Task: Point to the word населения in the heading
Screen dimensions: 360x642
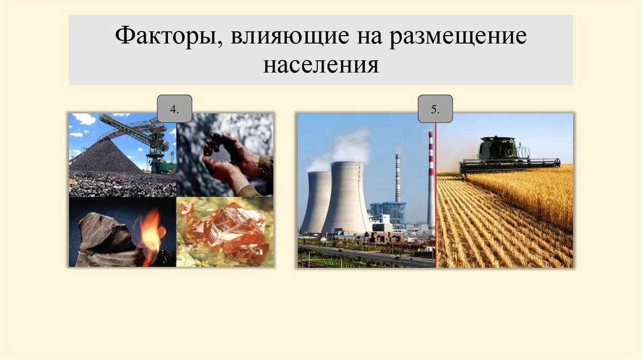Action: click(x=320, y=65)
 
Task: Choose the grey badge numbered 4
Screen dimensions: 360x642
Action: click(x=174, y=110)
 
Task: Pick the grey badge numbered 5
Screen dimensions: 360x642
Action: click(x=435, y=110)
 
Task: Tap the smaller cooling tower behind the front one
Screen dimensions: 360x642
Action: click(x=316, y=201)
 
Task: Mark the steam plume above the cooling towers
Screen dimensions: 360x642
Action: click(x=342, y=147)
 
